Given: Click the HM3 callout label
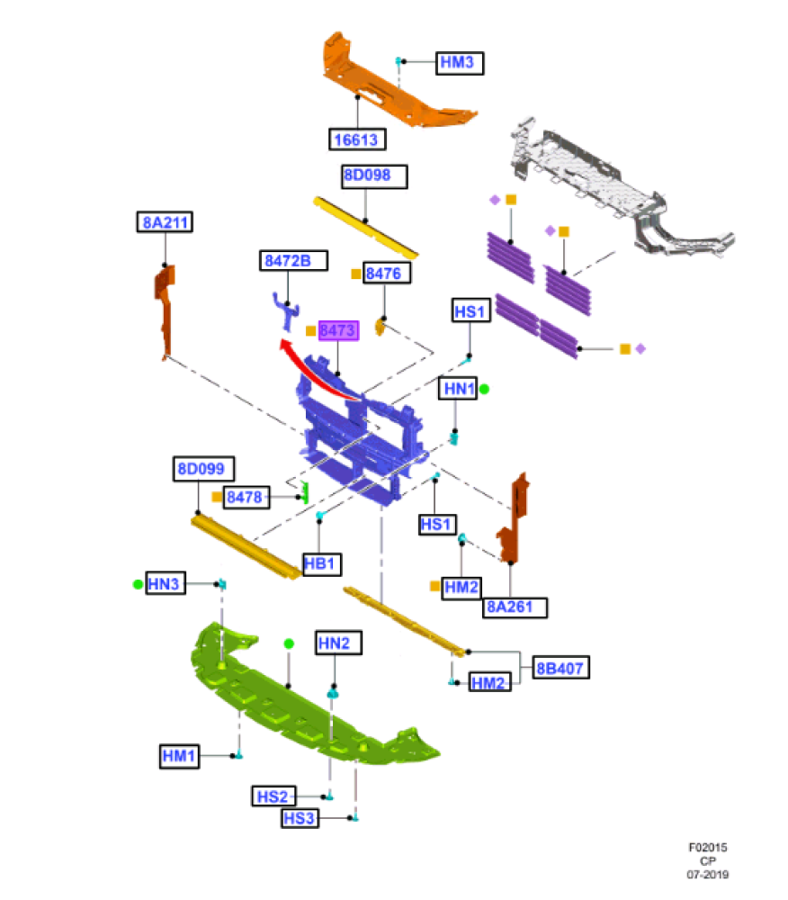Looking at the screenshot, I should tap(460, 62).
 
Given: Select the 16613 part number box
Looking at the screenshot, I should tap(357, 139).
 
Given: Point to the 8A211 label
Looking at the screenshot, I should tap(165, 222).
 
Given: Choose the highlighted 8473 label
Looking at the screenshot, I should tap(337, 331).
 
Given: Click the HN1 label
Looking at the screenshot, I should tap(459, 389).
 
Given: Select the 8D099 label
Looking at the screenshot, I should tap(204, 468).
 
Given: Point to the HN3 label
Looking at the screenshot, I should tap(166, 584).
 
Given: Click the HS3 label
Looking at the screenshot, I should tap(300, 818).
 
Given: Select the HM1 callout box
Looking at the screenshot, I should tap(178, 756).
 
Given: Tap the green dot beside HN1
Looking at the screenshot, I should tap(484, 389).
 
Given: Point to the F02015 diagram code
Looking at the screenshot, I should tap(707, 847).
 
